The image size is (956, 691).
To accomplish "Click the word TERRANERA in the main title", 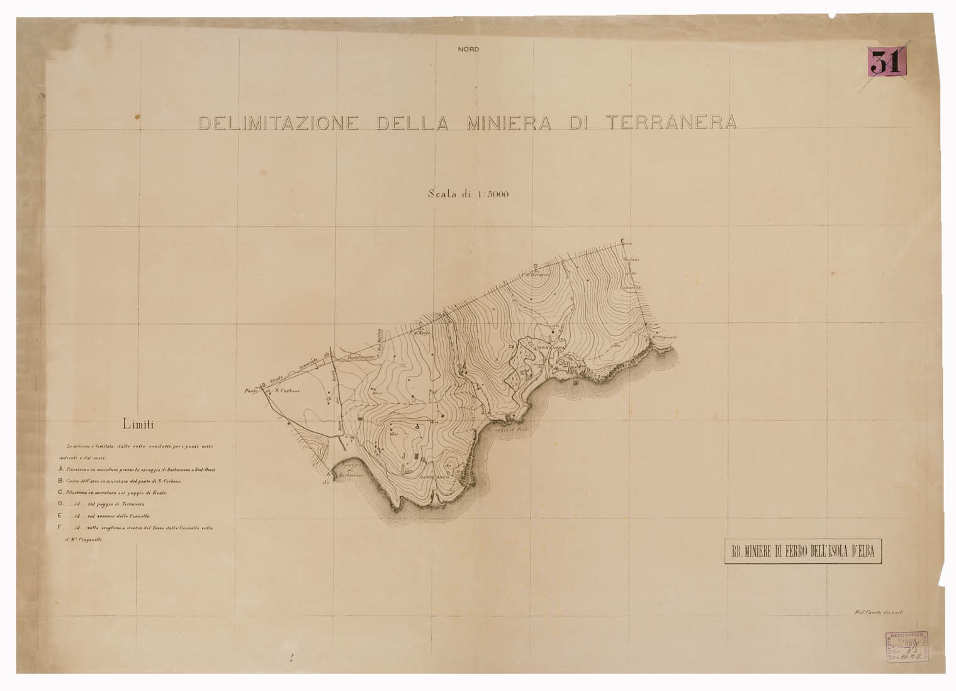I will (x=670, y=123).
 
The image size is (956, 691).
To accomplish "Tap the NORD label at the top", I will (x=468, y=50).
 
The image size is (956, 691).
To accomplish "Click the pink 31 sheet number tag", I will (x=886, y=62).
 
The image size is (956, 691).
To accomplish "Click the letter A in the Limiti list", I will (x=60, y=469).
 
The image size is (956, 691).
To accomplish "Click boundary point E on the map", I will (x=622, y=242).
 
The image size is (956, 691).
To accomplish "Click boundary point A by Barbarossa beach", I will (x=330, y=474).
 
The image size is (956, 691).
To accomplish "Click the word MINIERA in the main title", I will (x=508, y=123).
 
